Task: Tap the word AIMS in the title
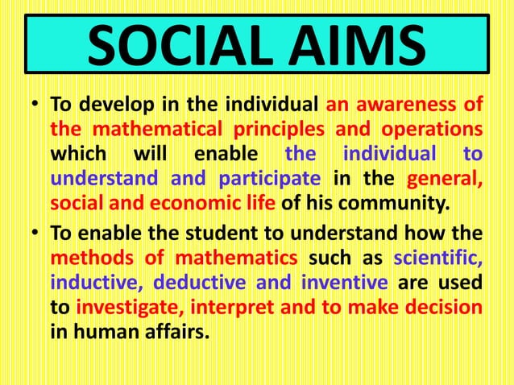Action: pos(348,48)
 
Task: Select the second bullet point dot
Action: pos(35,234)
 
